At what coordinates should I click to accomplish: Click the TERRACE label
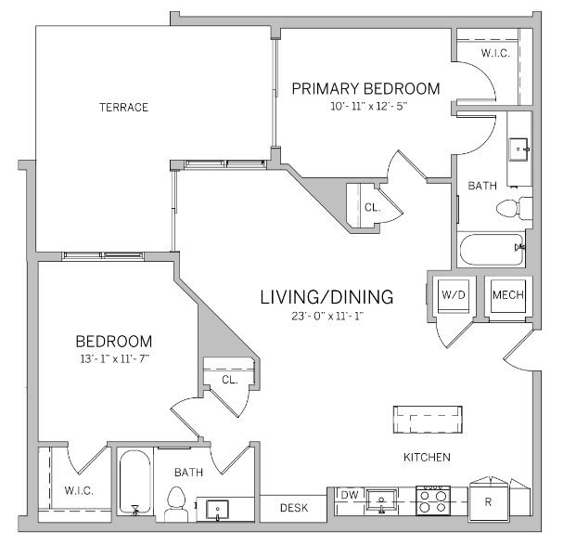tap(123, 107)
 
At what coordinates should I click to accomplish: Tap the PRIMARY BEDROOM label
tap(365, 89)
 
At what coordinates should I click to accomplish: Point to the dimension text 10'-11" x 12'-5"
tap(368, 107)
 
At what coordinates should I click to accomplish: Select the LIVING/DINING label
tap(326, 297)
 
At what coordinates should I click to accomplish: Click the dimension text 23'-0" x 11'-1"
tap(326, 317)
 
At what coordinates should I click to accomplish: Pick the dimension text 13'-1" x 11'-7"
tap(113, 358)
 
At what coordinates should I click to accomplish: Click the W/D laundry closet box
tap(453, 295)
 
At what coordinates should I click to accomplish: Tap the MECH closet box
tap(507, 295)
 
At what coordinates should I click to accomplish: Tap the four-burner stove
tap(432, 501)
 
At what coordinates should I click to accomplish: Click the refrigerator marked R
tap(488, 501)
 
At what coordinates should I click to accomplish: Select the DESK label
tap(293, 508)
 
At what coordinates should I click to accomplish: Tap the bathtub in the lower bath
tap(135, 484)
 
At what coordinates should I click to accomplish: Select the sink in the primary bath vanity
tap(518, 146)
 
